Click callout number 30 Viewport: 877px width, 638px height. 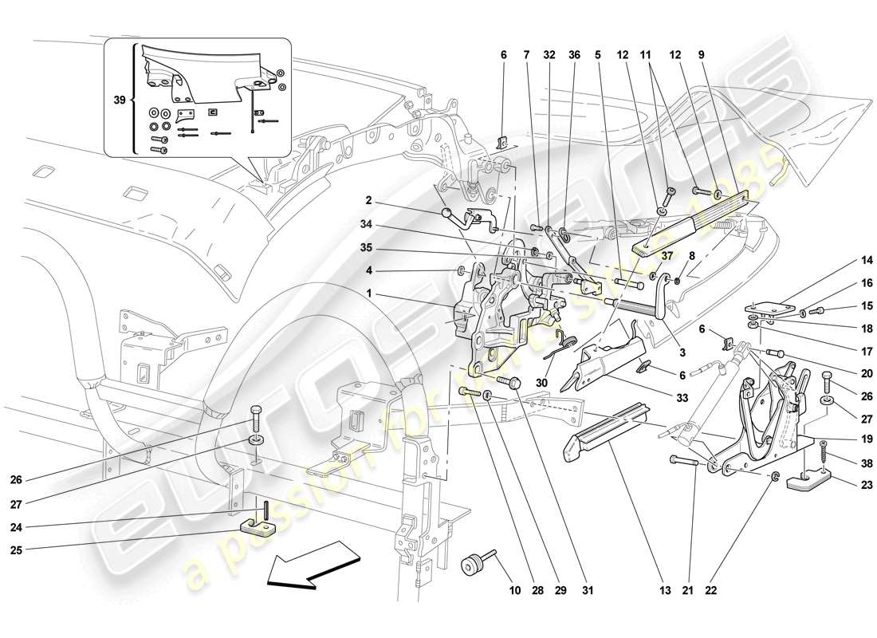(541, 382)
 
